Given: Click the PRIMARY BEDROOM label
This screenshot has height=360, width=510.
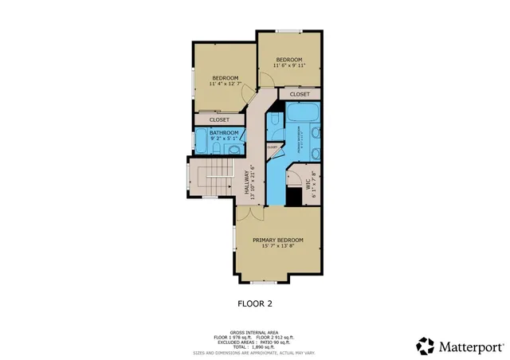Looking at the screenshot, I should click(278, 239).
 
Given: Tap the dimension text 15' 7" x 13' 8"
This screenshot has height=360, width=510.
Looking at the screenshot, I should click(278, 246).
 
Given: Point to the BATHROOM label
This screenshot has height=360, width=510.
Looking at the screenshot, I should click(224, 132).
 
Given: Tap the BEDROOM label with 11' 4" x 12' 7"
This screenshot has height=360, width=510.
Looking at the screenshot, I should click(225, 77).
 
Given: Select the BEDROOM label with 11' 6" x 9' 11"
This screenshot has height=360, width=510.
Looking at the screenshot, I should click(289, 60).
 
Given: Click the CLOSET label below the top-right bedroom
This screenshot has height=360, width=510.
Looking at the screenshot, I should click(300, 94).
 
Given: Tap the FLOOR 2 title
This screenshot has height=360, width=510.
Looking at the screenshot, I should click(255, 303).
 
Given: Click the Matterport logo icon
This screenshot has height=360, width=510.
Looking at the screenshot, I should click(426, 346).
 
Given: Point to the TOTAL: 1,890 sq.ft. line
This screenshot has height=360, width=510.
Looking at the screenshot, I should click(254, 347).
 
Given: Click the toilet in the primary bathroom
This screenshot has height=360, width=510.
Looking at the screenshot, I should click(273, 120).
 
